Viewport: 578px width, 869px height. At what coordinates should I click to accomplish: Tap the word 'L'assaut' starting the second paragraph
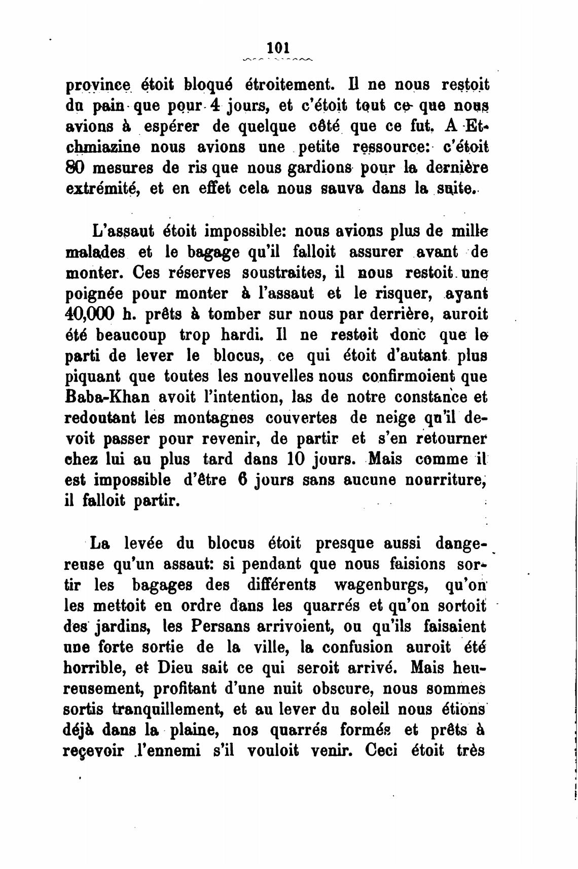(121, 231)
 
